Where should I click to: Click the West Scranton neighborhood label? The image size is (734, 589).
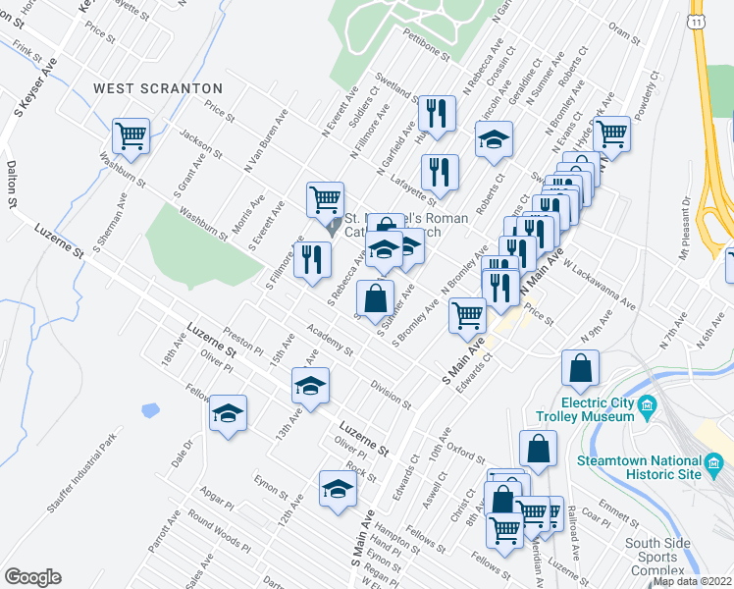[158, 88]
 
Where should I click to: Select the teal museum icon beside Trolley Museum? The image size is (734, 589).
[646, 405]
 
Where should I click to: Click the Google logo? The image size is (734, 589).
[32, 577]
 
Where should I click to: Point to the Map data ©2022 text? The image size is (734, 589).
[693, 581]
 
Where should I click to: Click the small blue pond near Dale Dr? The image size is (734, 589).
[150, 410]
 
